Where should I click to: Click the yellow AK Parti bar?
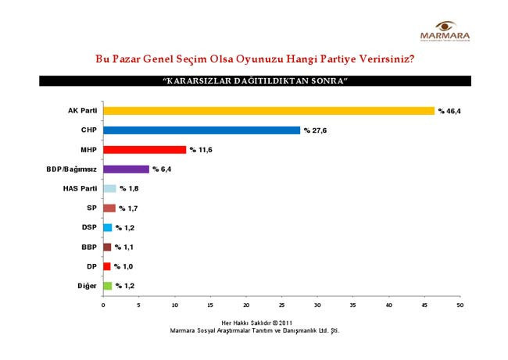coord(268,111)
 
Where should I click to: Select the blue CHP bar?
coord(201,130)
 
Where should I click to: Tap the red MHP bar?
coord(144,149)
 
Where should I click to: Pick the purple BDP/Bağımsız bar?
coord(125,169)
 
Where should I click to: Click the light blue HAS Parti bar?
coord(109,188)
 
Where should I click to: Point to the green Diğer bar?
coord(107,286)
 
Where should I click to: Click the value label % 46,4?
coord(449,112)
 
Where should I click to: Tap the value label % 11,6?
coord(200,150)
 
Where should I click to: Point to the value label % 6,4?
coord(162,169)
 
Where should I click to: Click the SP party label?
coord(91,208)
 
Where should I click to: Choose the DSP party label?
coord(88,227)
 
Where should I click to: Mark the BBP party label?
coord(88,247)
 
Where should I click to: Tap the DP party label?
coord(91,266)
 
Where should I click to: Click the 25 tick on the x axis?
coord(281,305)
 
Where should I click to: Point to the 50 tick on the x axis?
coord(460,305)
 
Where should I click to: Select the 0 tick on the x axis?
coord(103,305)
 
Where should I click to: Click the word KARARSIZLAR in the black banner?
coord(198,81)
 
